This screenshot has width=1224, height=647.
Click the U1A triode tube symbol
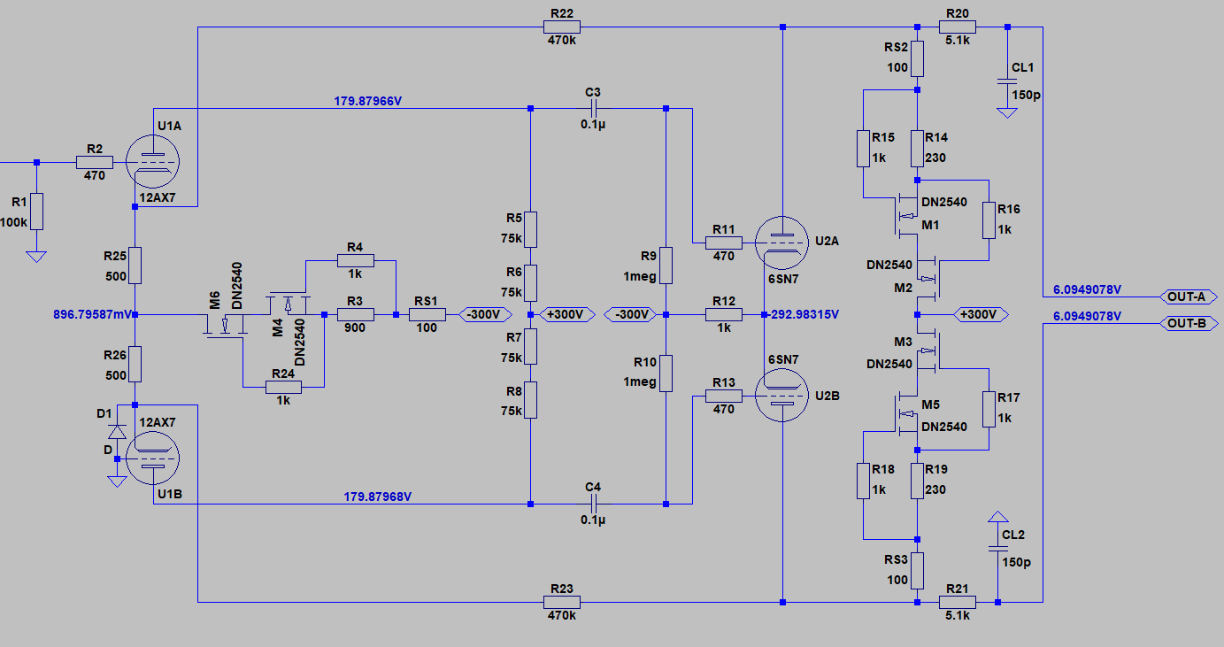pos(152,162)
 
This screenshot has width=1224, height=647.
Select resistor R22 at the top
pos(563,27)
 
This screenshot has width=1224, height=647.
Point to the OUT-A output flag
pos(1186,297)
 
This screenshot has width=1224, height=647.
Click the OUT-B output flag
pos(1186,323)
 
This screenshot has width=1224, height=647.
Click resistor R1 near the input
pos(35,211)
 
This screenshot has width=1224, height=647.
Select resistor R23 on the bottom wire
pos(563,602)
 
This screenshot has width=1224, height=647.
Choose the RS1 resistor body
pos(427,314)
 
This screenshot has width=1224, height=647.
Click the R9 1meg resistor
pos(665,265)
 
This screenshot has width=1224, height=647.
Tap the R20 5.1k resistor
pos(958,27)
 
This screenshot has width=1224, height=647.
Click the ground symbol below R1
pos(35,257)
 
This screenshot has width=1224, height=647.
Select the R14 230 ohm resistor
pos(918,149)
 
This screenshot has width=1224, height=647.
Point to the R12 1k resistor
pos(724,314)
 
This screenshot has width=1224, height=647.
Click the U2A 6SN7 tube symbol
pos(782,242)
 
